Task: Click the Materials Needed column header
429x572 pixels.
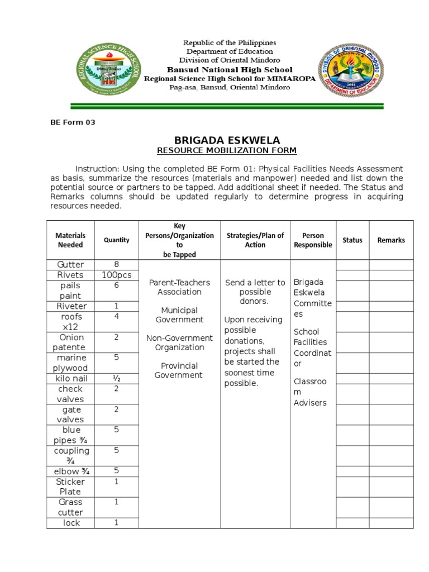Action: coord(70,240)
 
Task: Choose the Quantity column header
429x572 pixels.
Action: coord(116,240)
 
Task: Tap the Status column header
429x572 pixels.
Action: coord(352,240)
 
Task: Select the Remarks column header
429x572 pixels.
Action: coord(390,240)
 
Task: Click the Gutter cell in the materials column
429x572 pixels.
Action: coord(70,265)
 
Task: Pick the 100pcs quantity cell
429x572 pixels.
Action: coord(116,275)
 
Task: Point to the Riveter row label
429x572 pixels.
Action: coord(70,306)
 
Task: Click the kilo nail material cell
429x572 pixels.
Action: coord(70,379)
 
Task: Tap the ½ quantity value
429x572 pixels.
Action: coord(116,378)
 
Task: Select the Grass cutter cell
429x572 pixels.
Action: coord(70,507)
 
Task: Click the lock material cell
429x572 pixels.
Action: coord(70,523)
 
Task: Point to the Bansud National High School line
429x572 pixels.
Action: coord(230,70)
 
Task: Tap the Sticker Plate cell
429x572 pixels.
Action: coord(70,487)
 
